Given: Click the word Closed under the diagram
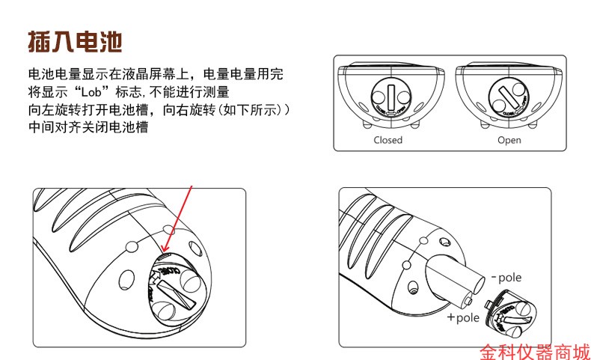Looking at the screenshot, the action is pos(388,140).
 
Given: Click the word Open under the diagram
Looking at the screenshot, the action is pos(509,140).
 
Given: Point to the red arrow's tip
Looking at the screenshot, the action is pos(163,251).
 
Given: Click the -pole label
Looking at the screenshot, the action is pos(506,278).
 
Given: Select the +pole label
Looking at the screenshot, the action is pos(462,317).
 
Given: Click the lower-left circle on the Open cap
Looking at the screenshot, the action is pos(499,106).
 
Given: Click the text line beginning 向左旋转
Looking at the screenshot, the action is pos(158,110).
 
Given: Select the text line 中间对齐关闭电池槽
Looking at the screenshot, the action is pos(88,128).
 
